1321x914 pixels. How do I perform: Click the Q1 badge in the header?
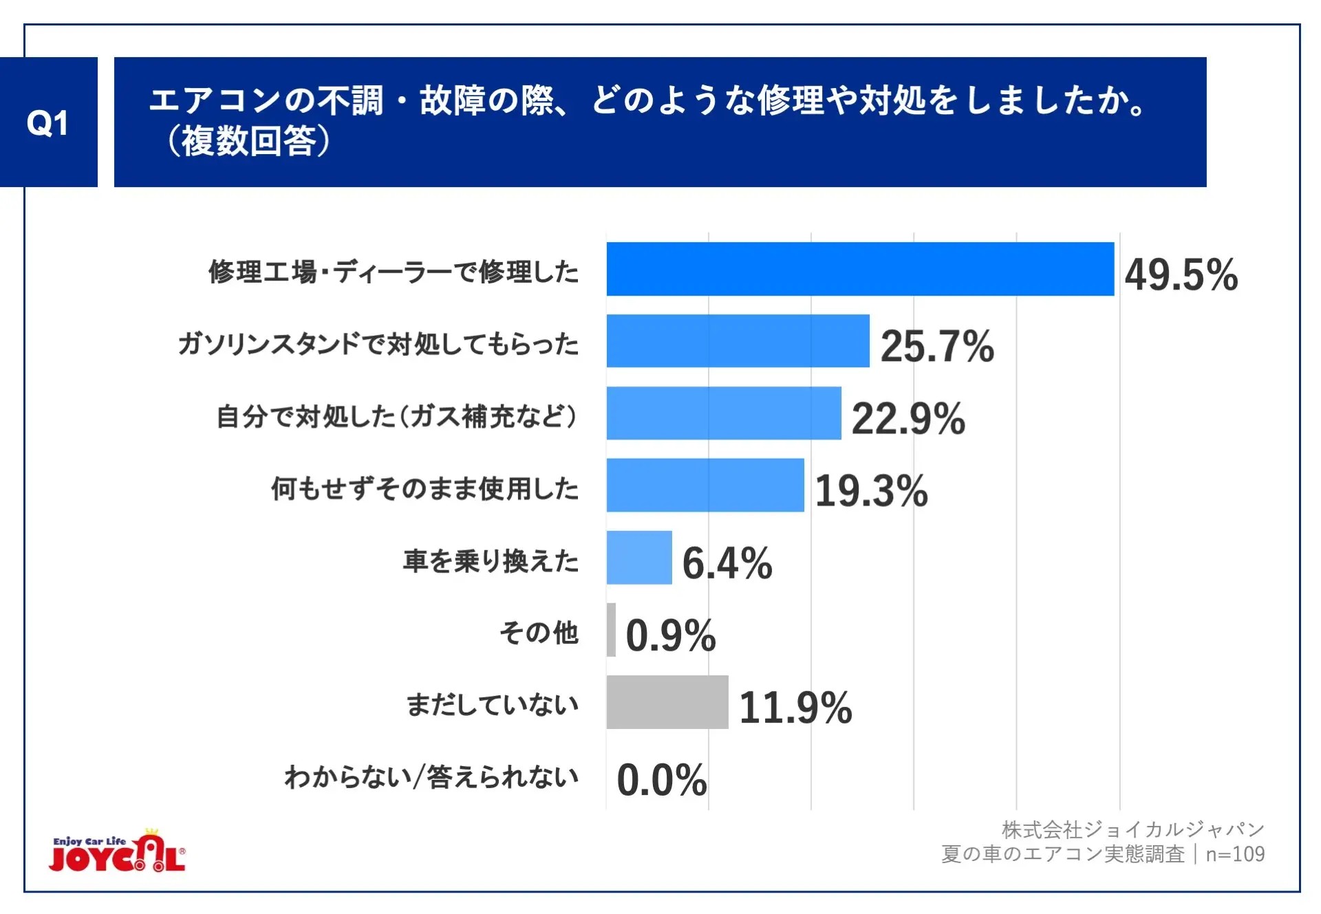pyautogui.click(x=48, y=122)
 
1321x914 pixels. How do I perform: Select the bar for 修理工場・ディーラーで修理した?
pyautogui.click(x=860, y=269)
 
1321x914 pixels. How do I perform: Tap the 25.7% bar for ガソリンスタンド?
pyautogui.click(x=738, y=341)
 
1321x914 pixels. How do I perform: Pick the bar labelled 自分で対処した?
pyautogui.click(x=723, y=413)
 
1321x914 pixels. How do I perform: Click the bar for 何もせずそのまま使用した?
pyautogui.click(x=705, y=486)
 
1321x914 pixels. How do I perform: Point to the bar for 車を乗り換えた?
pyautogui.click(x=638, y=558)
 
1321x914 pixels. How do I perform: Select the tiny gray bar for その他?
pyautogui.click(x=611, y=630)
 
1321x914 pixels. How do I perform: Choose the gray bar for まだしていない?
pyautogui.click(x=667, y=702)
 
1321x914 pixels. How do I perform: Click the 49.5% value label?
pyautogui.click(x=1181, y=274)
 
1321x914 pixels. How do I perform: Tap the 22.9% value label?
pyautogui.click(x=908, y=418)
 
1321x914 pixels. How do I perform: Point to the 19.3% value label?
pyautogui.click(x=871, y=490)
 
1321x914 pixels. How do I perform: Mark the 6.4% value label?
pyautogui.click(x=727, y=563)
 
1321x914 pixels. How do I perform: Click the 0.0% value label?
pyautogui.click(x=662, y=780)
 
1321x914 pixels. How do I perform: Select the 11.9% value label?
pyautogui.click(x=795, y=708)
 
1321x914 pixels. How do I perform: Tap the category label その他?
pyautogui.click(x=539, y=632)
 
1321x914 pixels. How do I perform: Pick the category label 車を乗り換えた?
pyautogui.click(x=491, y=561)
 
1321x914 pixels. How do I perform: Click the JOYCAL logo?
pyautogui.click(x=117, y=852)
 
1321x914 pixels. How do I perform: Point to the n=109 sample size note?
pyautogui.click(x=1235, y=854)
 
